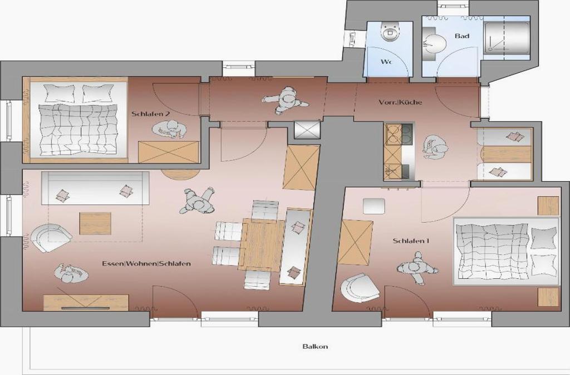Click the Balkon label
(315, 346)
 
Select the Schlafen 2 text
(151, 114)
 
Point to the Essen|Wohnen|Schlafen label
(146, 264)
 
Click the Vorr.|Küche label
(400, 102)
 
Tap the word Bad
(461, 36)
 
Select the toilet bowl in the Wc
(390, 31)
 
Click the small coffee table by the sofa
(95, 223)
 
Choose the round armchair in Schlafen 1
(360, 288)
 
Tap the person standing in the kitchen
(435, 147)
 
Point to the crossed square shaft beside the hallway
(307, 130)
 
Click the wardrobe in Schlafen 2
(169, 152)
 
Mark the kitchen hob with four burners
(399, 134)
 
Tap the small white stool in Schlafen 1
(374, 206)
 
